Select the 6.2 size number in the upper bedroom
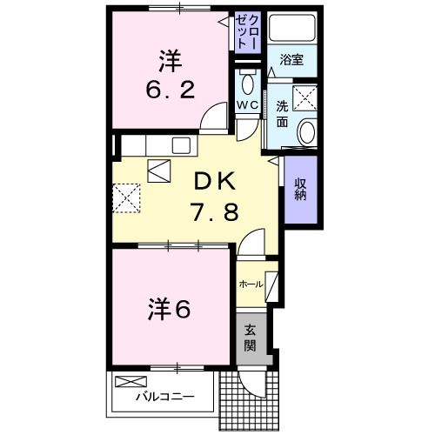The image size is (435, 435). pos(169,90)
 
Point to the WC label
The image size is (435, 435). pos(248,106)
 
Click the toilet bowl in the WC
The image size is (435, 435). pos(248,84)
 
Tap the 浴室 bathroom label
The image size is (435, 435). pos(291,59)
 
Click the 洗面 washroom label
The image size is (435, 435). pos(284,113)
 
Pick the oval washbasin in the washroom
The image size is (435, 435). pos(306,132)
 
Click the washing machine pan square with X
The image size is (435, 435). pos(304,98)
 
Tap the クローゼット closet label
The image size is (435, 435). pos(248,32)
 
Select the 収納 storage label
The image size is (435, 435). pos(300,189)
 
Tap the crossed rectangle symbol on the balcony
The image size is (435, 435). pos(130,381)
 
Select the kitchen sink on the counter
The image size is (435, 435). pos(183,144)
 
